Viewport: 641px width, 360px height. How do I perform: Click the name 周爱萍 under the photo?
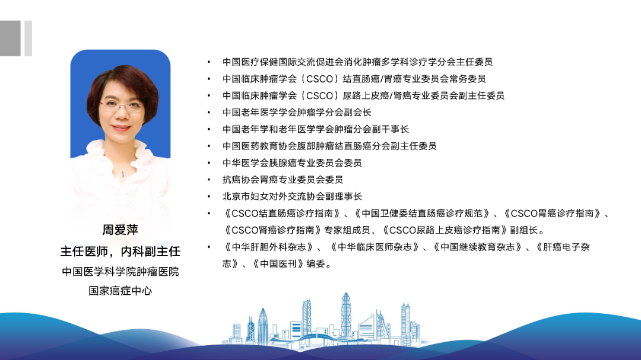coord(120,230)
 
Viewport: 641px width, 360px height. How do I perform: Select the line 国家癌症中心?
coord(120,291)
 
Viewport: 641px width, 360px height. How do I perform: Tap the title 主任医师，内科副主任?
coord(120,251)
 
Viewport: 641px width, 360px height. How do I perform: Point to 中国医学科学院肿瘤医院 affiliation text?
coord(120,272)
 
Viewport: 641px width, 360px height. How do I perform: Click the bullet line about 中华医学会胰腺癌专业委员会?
coord(292,163)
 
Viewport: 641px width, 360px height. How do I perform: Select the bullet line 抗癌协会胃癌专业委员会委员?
coord(283,179)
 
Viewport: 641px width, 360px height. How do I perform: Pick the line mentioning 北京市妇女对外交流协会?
coord(292,196)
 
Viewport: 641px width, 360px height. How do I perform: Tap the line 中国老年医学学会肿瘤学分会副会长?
coord(297,112)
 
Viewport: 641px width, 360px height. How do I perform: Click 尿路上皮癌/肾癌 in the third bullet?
coord(376,95)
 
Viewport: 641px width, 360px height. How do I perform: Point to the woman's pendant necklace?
coord(123,172)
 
